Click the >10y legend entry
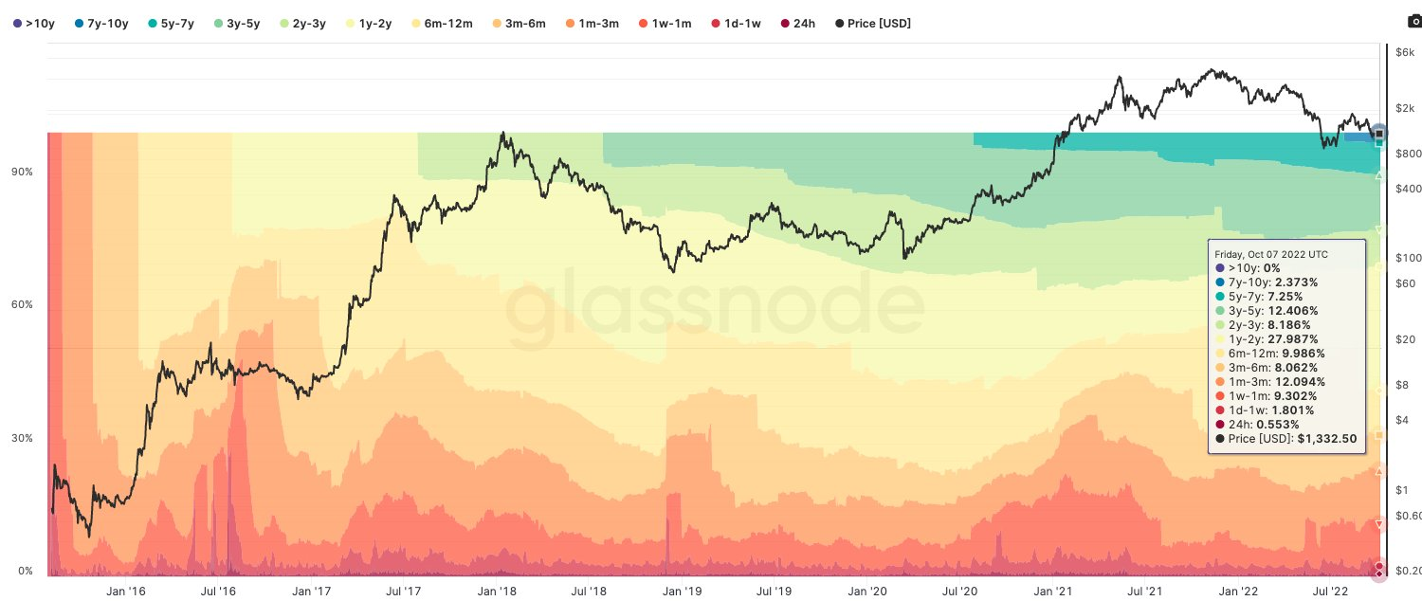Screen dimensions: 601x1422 34,23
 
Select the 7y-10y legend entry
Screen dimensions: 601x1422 100,23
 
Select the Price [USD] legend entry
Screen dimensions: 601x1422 874,23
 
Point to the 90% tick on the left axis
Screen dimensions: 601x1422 21,172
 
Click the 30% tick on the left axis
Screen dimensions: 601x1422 21,438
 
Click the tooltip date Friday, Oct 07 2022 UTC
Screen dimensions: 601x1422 1271,254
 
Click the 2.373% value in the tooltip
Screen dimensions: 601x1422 1295,282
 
